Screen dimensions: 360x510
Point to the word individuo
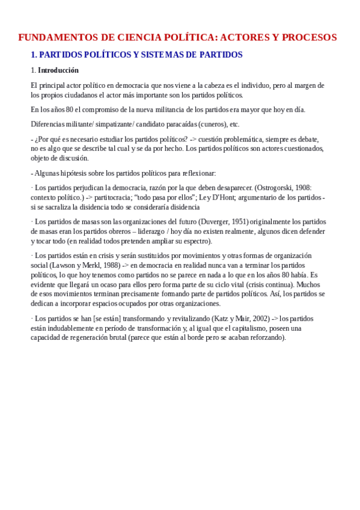250,85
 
